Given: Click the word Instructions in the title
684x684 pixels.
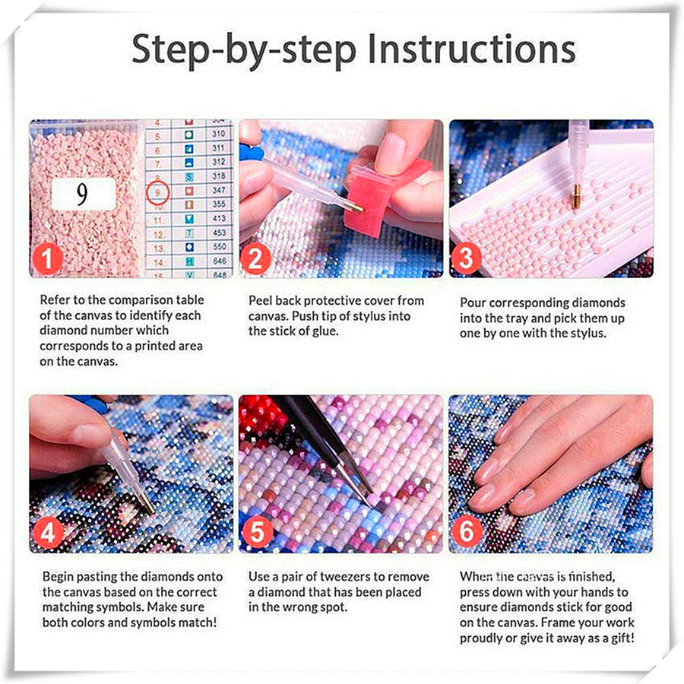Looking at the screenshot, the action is [471, 49].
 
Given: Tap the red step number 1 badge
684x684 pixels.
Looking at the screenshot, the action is [47, 258].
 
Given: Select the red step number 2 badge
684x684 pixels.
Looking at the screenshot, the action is [256, 258].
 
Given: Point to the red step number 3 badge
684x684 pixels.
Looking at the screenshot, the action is [466, 258].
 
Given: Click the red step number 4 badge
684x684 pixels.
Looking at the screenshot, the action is [47, 533].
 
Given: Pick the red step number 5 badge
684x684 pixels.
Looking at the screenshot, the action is [258, 533].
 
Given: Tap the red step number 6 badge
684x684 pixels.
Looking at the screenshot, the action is [467, 532].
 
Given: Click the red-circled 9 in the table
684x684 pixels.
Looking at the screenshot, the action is [157, 192].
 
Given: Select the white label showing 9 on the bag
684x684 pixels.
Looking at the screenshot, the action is [84, 194].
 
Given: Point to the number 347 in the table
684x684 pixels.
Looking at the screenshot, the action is [219, 190].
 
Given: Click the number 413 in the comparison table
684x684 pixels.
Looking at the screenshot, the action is [219, 219].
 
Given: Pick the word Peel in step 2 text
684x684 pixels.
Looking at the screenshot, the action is [260, 300].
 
